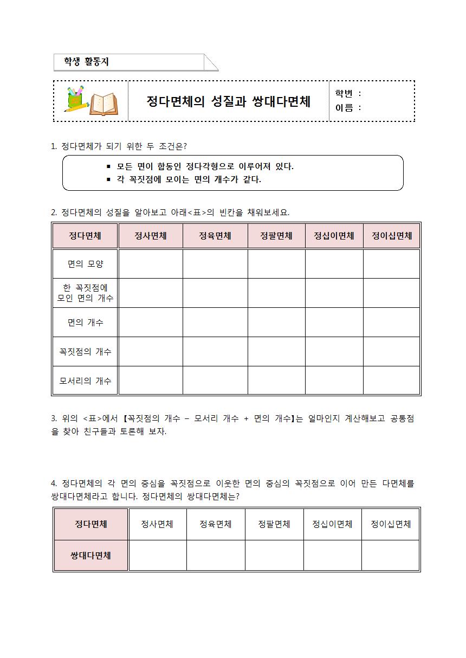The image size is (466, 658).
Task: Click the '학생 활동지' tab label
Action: (87, 62)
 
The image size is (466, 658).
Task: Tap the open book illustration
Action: (103, 104)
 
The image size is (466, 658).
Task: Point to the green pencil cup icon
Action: (74, 98)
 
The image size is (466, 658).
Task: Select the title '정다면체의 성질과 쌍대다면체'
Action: (228, 101)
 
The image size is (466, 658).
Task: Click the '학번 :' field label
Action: (348, 93)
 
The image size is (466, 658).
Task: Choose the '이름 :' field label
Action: (348, 108)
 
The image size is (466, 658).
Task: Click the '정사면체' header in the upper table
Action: (150, 236)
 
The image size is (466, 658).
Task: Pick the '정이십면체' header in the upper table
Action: (392, 236)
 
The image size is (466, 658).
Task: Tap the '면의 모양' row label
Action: (85, 264)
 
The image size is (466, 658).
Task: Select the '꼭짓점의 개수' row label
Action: (85, 352)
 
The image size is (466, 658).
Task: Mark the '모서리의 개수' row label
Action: (85, 381)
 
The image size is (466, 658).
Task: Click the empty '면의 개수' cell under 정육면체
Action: (215, 322)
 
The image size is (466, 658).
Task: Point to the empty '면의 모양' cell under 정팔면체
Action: (276, 264)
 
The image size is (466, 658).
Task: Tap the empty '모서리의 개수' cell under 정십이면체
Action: (334, 381)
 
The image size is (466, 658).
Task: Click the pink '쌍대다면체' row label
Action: (90, 556)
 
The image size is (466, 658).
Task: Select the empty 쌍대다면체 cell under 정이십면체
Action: (391, 556)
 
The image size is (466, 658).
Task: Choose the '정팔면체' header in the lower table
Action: (274, 524)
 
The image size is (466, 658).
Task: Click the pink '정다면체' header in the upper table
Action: (85, 236)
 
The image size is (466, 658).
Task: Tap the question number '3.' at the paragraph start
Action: (54, 418)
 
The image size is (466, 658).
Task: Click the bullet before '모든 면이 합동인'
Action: (108, 167)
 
